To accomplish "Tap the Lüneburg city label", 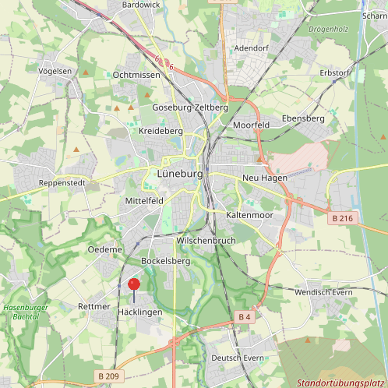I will click(x=179, y=175).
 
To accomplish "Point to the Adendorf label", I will click(x=251, y=48).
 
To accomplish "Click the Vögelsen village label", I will click(x=55, y=70).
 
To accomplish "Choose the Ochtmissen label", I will click(x=136, y=75).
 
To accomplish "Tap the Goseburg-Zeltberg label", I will click(x=190, y=107).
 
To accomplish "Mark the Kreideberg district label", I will click(x=160, y=131).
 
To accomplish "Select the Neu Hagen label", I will click(x=265, y=178).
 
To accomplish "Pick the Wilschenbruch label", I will click(x=206, y=241).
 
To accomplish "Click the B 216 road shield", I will click(x=341, y=218).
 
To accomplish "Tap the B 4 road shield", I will click(x=244, y=316).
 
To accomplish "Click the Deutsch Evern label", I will click(x=238, y=358).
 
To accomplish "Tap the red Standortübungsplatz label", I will click(x=341, y=383).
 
